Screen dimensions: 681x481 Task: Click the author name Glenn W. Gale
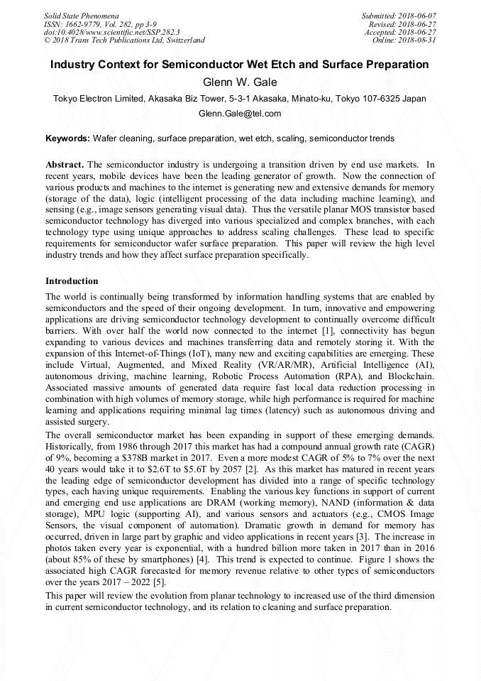240,82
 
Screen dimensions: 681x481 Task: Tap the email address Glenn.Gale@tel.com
240,114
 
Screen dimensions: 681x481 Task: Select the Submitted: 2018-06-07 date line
399,16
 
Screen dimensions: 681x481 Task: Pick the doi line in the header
111,33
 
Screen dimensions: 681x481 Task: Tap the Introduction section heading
72,282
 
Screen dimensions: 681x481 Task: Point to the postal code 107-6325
380,99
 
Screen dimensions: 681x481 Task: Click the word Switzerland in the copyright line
183,41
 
